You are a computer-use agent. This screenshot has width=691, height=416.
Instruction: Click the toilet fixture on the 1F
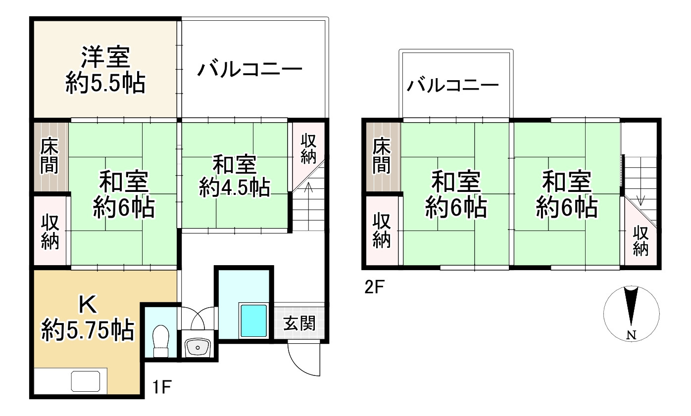point(161,340)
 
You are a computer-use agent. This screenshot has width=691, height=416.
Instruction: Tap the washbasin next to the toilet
point(197,348)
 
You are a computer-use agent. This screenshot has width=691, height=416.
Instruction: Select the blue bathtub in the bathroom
point(253,321)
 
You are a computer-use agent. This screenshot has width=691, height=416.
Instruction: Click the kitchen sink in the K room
point(86,381)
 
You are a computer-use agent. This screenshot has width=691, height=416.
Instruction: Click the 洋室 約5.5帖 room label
point(105,70)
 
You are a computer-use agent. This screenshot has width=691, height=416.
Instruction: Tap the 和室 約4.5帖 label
point(234,176)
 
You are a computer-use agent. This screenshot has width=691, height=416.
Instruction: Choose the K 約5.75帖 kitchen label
point(88,319)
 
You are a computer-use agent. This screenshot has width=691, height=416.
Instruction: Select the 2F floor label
point(375,287)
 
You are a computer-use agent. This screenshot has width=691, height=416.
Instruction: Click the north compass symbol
point(631,313)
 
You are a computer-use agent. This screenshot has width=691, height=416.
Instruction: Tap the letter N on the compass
point(631,335)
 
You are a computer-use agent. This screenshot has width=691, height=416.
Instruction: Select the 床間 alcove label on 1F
point(49,156)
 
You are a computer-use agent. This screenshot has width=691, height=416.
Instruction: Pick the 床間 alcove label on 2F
point(382,156)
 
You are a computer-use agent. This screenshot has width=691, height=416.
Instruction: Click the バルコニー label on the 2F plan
point(452,87)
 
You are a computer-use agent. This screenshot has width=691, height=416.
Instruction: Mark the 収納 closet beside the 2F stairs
point(641,241)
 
